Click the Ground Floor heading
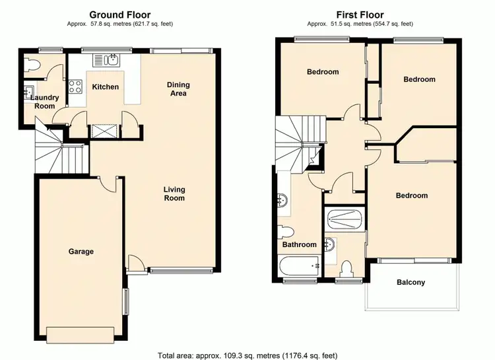coord(119,15)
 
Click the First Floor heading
coord(360,15)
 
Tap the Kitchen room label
coord(105,87)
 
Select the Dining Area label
coord(178,89)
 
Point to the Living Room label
coord(174,194)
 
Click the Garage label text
coord(81,252)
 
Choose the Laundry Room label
coord(45,102)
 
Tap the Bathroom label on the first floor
coord(299,245)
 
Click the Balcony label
coord(411,283)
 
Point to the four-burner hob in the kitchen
coord(75,87)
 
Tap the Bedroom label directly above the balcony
coord(411,196)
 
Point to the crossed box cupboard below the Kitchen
coord(104,130)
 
